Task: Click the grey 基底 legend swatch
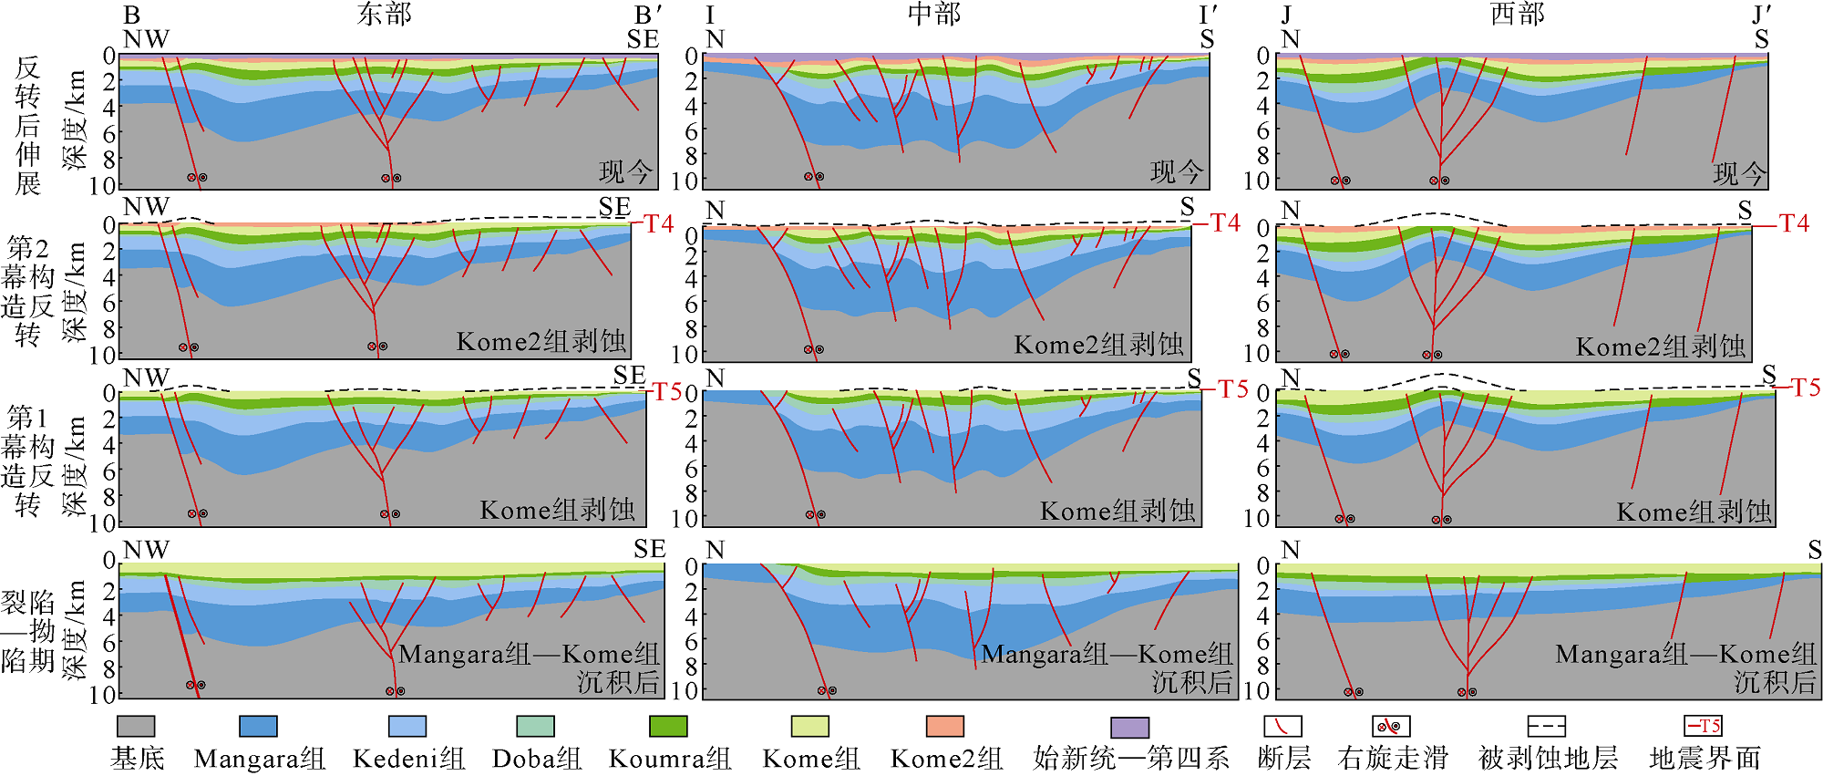pyautogui.click(x=136, y=726)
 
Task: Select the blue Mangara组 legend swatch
pyautogui.click(x=258, y=726)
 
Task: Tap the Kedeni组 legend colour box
pyautogui.click(x=407, y=726)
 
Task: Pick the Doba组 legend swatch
pyautogui.click(x=535, y=726)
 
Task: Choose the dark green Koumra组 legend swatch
pyautogui.click(x=668, y=726)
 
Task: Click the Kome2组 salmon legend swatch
pyautogui.click(x=945, y=726)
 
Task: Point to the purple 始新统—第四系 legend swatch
pyautogui.click(x=1129, y=726)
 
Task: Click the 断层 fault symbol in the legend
pyautogui.click(x=1282, y=726)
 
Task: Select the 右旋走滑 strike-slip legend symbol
pyautogui.click(x=1391, y=726)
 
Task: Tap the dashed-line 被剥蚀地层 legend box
pyautogui.click(x=1546, y=726)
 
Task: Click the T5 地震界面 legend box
pyautogui.click(x=1703, y=726)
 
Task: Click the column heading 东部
pyautogui.click(x=385, y=14)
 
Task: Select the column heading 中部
pyautogui.click(x=934, y=14)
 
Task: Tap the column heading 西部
pyautogui.click(x=1518, y=14)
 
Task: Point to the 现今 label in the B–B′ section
pyautogui.click(x=626, y=171)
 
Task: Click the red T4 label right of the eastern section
pyautogui.click(x=658, y=223)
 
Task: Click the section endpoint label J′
pyautogui.click(x=1761, y=15)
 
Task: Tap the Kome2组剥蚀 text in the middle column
pyautogui.click(x=1098, y=344)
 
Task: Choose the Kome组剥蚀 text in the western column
pyautogui.click(x=1694, y=512)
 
